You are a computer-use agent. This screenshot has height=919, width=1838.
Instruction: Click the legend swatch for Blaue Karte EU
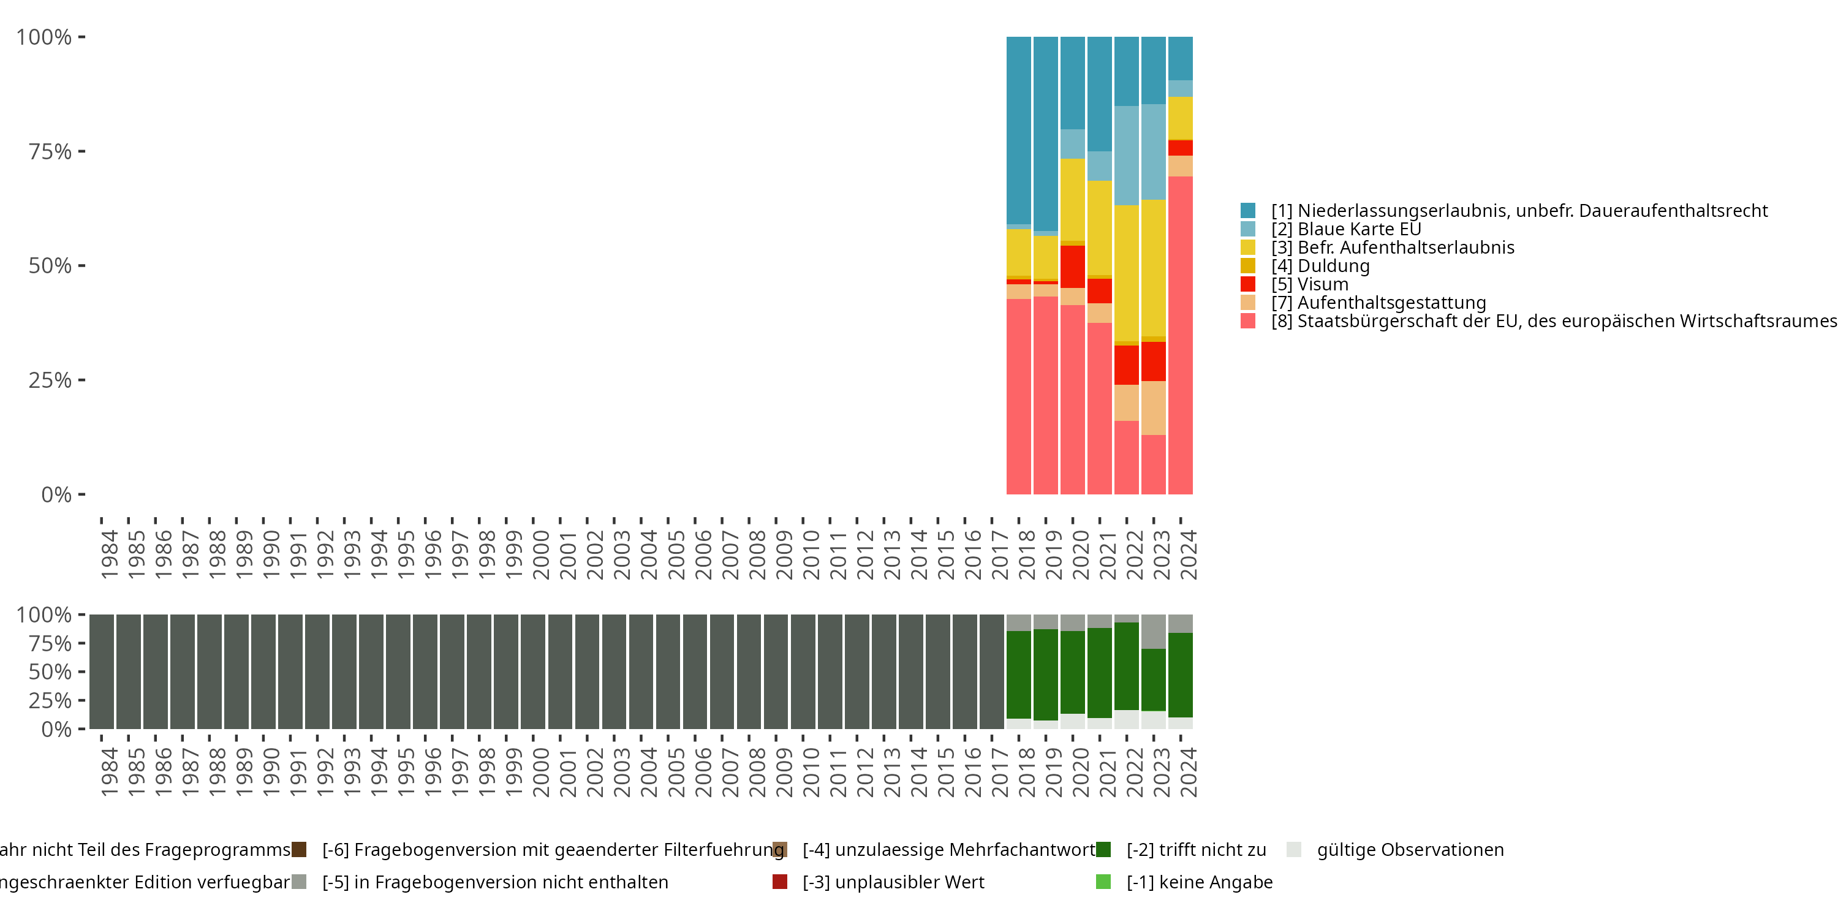tap(1248, 229)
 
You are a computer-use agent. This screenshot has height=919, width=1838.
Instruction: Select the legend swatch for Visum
tap(1248, 284)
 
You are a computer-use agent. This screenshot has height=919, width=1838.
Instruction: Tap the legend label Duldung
tap(1333, 266)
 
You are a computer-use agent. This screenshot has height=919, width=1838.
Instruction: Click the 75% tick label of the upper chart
tap(50, 151)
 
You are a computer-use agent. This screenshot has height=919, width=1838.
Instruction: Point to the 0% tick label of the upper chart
tap(56, 494)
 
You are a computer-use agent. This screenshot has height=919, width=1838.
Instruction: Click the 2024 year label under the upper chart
tap(1188, 554)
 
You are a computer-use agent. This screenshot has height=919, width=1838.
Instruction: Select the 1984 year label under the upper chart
tap(109, 554)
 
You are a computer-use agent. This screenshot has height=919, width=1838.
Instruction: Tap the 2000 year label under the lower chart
tap(541, 772)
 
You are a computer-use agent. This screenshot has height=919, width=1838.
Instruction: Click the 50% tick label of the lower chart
tap(50, 671)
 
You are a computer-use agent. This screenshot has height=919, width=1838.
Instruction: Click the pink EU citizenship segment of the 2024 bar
tap(1180, 335)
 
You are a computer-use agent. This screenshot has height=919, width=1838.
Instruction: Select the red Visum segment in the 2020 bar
tap(1072, 266)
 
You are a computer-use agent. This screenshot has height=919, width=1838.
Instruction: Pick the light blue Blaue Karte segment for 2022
tap(1127, 156)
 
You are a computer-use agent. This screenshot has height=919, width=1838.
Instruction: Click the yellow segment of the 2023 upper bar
tap(1153, 268)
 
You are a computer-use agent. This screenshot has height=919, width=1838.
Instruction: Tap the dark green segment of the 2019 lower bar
tap(1045, 675)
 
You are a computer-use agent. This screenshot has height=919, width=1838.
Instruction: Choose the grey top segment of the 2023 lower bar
tap(1153, 632)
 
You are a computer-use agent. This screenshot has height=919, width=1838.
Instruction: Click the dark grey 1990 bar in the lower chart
tap(263, 671)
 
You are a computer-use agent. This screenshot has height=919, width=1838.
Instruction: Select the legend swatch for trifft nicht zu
tap(1103, 850)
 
